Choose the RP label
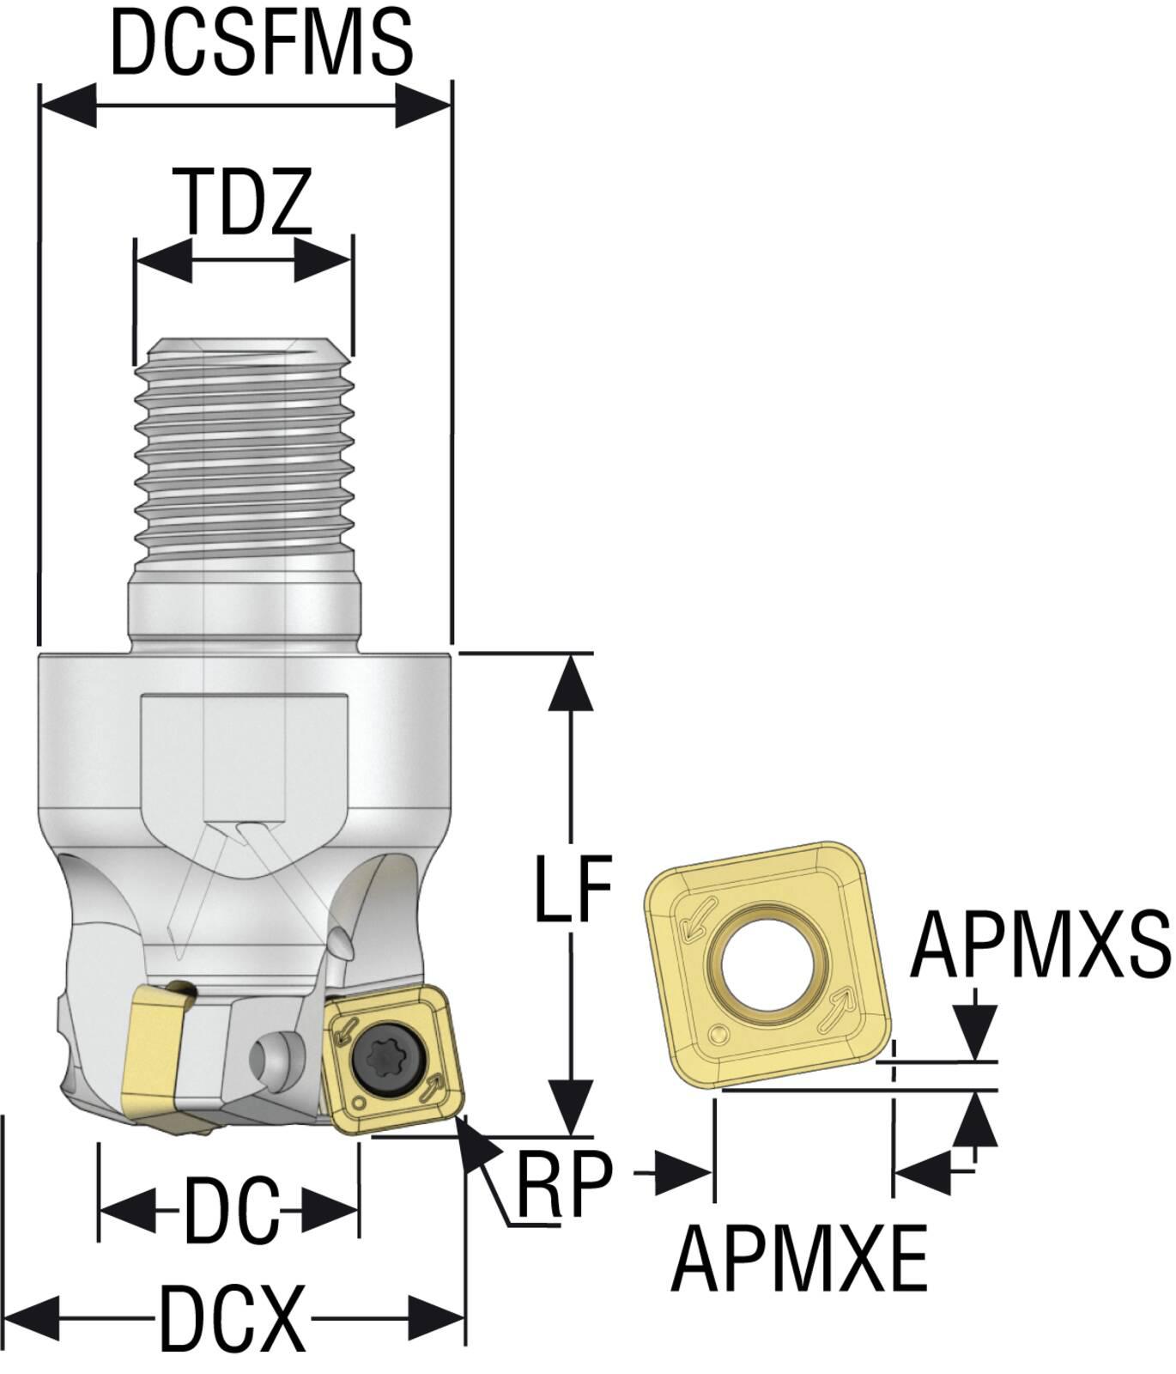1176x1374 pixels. (564, 1183)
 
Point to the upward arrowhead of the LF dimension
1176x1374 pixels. (571, 683)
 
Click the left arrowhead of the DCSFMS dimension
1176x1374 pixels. (69, 106)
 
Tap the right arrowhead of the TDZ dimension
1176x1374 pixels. (323, 258)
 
